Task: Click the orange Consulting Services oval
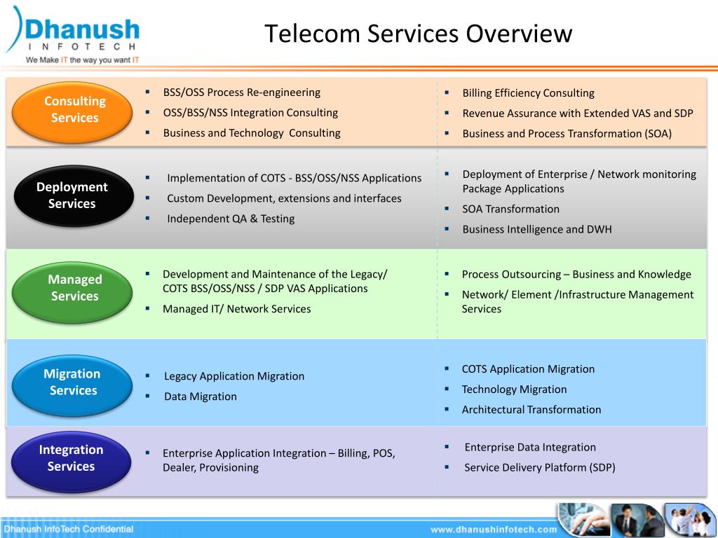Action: coord(75,110)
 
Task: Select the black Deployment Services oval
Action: coord(72,195)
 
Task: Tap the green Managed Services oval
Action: coord(75,288)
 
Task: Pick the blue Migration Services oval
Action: coord(73,382)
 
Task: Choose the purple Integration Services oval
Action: coord(71,458)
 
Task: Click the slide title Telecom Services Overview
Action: coord(418,34)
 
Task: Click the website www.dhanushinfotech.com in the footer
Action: coord(493,529)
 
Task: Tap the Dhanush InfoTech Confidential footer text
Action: coord(69,529)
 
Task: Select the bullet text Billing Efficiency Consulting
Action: coord(528,93)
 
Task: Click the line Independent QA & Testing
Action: coord(231,219)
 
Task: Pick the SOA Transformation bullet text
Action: coord(510,209)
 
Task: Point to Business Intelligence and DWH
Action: coord(536,229)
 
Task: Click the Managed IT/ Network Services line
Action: coord(236,309)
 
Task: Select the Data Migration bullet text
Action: coord(201,396)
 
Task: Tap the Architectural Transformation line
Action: coord(531,410)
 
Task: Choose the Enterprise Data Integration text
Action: coord(530,448)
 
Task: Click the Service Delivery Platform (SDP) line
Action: coord(539,467)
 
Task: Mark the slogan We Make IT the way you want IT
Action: coord(83,60)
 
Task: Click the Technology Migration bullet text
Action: coord(514,389)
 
